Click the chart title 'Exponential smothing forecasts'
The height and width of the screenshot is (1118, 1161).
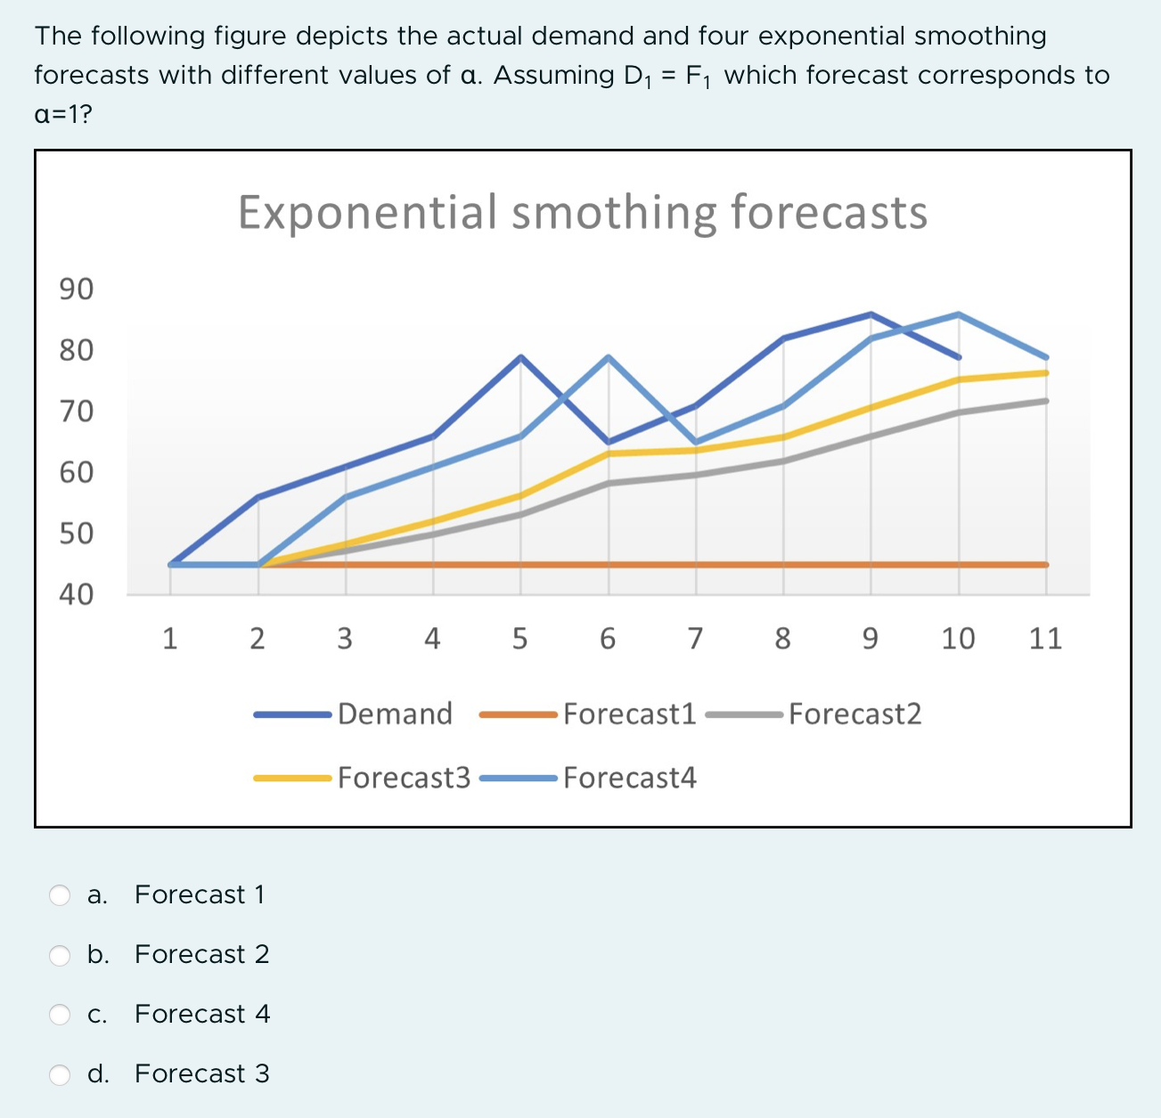click(583, 213)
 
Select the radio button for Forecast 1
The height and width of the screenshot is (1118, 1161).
click(60, 895)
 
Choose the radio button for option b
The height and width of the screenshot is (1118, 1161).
click(60, 955)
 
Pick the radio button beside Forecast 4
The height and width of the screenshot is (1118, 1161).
click(60, 1015)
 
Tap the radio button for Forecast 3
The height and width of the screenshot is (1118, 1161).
click(60, 1074)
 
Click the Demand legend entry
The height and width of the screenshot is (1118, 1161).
click(395, 714)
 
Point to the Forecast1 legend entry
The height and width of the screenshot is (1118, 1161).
click(629, 714)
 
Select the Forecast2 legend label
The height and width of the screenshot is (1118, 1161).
click(854, 714)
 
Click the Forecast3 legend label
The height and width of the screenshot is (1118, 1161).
click(404, 778)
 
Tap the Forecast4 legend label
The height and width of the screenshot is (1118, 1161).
click(629, 778)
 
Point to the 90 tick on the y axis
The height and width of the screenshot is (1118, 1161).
click(76, 290)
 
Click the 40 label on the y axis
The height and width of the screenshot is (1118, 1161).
click(76, 594)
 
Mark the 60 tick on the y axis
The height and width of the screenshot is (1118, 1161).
click(76, 472)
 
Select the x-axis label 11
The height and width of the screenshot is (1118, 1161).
click(1045, 639)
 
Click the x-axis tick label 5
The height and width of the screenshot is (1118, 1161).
click(520, 639)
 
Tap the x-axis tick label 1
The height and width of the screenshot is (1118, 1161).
click(169, 639)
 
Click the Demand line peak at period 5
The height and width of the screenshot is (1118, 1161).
click(521, 357)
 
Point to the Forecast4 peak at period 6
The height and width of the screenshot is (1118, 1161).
click(609, 357)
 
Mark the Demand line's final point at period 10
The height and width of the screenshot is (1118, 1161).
click(959, 357)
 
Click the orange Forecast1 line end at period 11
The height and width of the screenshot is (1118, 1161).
click(1045, 564)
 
